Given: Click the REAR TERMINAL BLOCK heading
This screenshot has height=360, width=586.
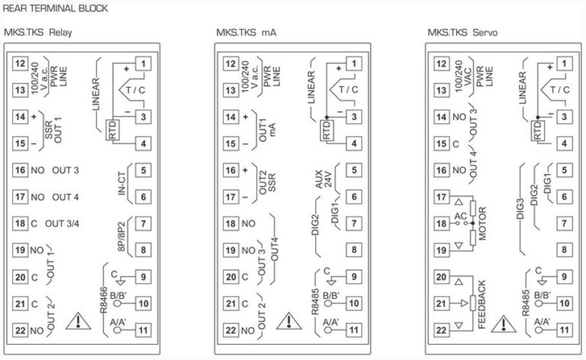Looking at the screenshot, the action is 55,8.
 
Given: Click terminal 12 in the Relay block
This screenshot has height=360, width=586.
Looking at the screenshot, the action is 20,63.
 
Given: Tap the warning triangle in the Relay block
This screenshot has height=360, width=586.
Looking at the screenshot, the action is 78,321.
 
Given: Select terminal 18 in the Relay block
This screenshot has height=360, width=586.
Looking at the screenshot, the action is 20,223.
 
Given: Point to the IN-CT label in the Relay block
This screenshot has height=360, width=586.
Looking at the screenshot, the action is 122,183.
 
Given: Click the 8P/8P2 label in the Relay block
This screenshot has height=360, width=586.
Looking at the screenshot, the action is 121,236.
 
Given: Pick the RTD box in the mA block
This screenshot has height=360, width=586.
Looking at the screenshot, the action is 327,130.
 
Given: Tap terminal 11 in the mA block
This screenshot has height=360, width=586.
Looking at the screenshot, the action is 353,330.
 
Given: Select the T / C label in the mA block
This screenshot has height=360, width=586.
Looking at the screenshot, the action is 348,90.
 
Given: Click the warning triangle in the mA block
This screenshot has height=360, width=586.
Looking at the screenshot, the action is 289,321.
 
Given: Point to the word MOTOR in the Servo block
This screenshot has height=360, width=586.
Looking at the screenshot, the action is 482,223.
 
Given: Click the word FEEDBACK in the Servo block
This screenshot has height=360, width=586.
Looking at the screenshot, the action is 481,304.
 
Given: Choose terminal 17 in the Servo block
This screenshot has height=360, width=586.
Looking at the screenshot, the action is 441,197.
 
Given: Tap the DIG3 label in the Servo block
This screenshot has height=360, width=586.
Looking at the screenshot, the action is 520,208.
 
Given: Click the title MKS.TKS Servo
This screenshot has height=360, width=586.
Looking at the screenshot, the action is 462,33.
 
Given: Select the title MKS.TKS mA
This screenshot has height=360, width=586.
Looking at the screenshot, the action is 246,33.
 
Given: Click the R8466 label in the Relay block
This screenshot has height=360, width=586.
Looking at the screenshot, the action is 104,300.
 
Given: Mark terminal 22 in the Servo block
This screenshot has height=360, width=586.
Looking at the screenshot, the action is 441,330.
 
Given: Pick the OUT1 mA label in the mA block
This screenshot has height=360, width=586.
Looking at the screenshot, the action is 267,130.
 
